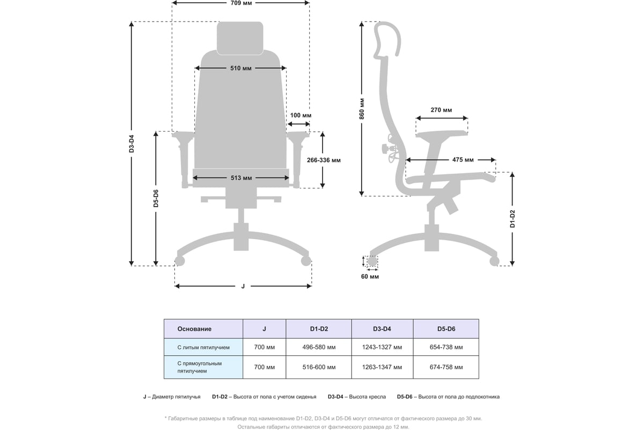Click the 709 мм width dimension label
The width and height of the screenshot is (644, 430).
(x=241, y=3)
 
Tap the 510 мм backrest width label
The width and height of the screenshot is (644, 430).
(x=241, y=68)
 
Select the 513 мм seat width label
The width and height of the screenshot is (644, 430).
(x=241, y=178)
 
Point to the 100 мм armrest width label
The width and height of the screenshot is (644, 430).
(x=301, y=115)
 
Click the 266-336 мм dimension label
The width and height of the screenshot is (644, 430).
(x=324, y=160)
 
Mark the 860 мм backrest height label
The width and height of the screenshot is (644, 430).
(x=362, y=109)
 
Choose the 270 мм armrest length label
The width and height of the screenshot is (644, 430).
(x=441, y=110)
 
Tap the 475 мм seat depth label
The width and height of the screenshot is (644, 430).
(x=463, y=160)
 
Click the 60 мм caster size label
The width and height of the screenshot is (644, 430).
(x=370, y=276)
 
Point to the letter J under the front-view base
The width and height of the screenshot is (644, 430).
(x=243, y=286)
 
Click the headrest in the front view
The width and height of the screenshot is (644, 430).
(x=240, y=38)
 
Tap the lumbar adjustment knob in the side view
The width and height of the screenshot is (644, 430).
(x=385, y=149)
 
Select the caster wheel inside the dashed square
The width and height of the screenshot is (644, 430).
(x=372, y=261)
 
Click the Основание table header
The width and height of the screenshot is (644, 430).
(x=194, y=329)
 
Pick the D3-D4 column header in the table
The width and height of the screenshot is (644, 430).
(x=382, y=329)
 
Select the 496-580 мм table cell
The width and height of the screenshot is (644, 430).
(x=319, y=347)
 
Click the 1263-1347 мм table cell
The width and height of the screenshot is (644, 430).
(x=382, y=367)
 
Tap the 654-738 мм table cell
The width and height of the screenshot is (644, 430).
(x=446, y=347)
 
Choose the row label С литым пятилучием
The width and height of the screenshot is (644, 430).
(x=203, y=348)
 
